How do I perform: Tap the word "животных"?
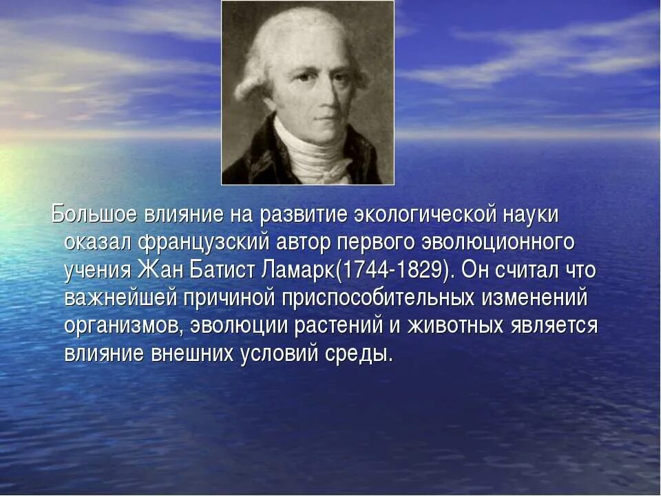pyautogui.click(x=448, y=326)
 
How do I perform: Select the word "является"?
pyautogui.click(x=554, y=326)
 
